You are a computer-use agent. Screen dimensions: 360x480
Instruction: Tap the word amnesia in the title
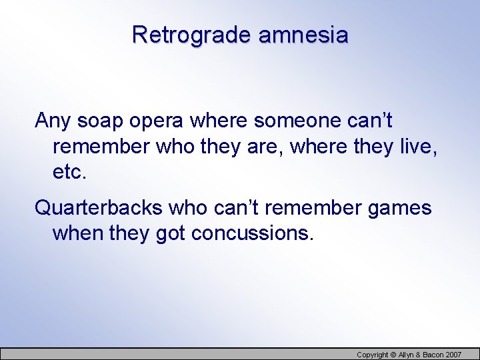coord(303,34)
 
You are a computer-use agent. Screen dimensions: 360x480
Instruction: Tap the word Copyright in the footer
coord(372,355)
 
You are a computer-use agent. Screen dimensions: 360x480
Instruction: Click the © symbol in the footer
coord(393,355)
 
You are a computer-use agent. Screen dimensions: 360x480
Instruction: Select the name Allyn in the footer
coord(407,355)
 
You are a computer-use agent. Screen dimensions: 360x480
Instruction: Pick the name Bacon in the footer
coord(435,355)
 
